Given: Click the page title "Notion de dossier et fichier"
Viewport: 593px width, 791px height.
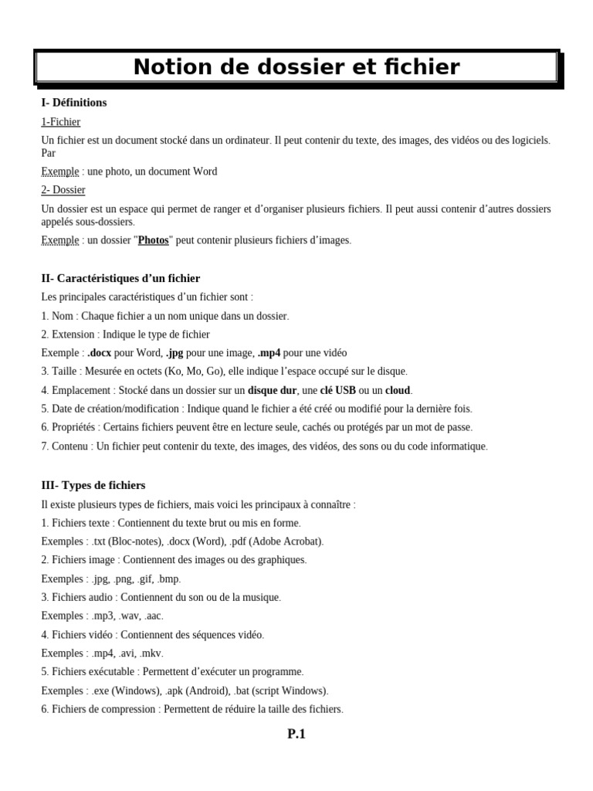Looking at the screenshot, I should point(296,68).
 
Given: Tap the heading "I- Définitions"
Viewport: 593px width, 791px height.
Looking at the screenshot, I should point(74,103).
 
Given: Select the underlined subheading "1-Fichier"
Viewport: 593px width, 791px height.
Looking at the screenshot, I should point(60,122).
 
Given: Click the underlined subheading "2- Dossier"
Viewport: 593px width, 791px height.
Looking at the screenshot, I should point(63,190).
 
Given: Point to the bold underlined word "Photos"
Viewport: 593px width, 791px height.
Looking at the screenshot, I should point(153,240).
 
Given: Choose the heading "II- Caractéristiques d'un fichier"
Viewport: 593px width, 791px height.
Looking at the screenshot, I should point(120,279).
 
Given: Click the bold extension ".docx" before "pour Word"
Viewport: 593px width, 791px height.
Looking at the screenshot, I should point(100,353).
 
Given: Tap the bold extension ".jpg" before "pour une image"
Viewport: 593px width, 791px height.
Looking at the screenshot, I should point(175,353).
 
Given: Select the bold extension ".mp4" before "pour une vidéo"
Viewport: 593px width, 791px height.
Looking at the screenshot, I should point(269,353).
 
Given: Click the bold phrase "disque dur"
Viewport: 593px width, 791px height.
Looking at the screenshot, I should point(273,390).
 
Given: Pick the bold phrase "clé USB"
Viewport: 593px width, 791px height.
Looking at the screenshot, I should point(340,390).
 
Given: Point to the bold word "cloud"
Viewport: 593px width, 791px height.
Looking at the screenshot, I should point(398,390).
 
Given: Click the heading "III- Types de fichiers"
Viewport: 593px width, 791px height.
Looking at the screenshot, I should point(93,486).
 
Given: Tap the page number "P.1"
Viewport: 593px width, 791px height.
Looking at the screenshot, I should point(296,735).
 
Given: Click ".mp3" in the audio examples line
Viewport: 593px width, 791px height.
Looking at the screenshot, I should point(102,616).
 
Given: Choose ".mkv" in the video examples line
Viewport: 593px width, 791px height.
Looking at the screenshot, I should point(151,654).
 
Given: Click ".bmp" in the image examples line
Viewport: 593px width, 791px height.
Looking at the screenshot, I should point(168,579).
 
